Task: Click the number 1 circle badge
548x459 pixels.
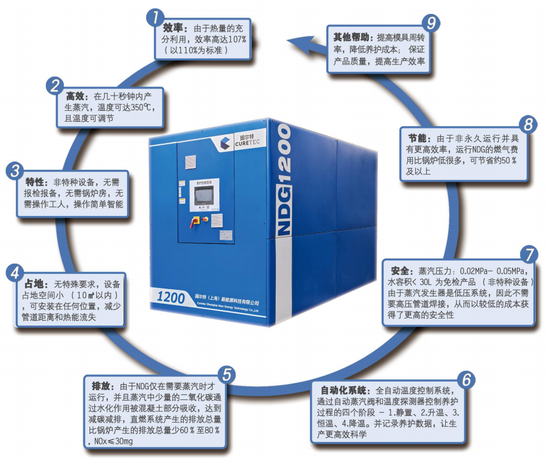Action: pos(155,17)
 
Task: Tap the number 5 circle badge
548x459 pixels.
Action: pos(227,374)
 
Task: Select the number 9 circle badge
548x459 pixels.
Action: pos(430,23)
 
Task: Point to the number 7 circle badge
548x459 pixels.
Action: pos(529,254)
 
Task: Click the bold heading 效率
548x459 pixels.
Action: pos(173,28)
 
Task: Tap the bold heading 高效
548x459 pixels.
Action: pos(76,96)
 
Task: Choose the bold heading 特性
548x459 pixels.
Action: pos(35,181)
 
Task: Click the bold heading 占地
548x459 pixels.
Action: pos(34,284)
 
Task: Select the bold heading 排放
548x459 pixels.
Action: pos(101,386)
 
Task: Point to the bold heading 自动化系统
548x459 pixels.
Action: pos(344,390)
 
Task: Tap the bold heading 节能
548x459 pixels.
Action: pos(418,138)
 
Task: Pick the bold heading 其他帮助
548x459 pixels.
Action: pos(351,37)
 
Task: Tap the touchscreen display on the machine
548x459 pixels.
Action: pos(204,195)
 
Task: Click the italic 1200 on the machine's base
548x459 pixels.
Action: pos(170,297)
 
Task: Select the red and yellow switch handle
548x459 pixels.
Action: pos(194,222)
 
